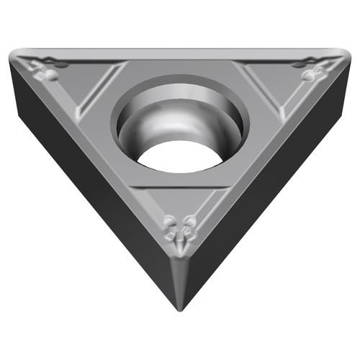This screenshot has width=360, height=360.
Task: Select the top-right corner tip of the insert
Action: click(x=341, y=56)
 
